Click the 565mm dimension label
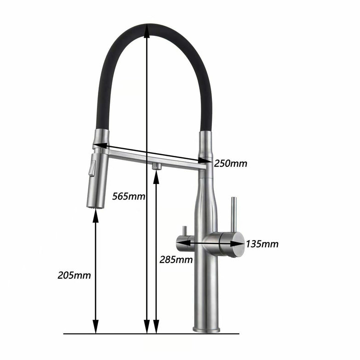(x=129, y=197)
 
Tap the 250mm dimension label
(x=230, y=163)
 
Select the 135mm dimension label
(x=262, y=244)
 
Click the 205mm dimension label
(x=74, y=275)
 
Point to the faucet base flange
(x=206, y=329)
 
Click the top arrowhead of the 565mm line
(x=146, y=29)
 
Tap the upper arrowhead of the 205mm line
(x=96, y=216)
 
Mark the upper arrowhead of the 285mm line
(x=156, y=175)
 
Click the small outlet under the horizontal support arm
(x=156, y=165)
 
